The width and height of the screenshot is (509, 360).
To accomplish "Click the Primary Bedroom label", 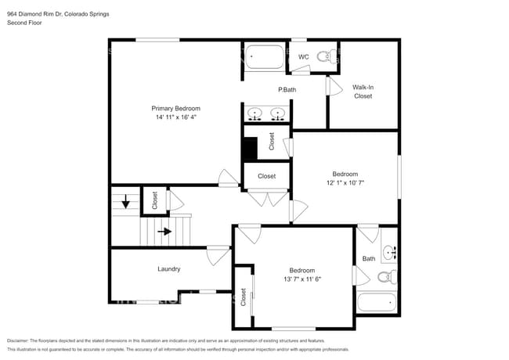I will click(x=175, y=108).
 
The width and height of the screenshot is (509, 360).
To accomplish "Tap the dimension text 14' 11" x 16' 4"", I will click(x=175, y=117).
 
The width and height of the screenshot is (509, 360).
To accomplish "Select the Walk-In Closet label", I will click(x=362, y=92).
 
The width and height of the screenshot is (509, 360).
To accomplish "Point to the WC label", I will click(x=304, y=56).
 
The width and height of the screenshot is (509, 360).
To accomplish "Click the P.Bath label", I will click(x=287, y=91).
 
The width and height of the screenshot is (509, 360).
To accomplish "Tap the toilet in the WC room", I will click(x=333, y=56).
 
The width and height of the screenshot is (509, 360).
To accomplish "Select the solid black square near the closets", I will click(x=249, y=149).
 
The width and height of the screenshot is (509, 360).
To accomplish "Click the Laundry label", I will click(x=169, y=269).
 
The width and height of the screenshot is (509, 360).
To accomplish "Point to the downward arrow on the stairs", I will click(x=125, y=204).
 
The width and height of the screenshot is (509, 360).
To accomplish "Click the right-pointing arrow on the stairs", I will click(x=164, y=232).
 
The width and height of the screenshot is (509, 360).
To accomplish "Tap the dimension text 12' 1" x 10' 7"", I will click(x=345, y=182).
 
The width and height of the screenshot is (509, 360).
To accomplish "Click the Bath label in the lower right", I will click(x=369, y=259).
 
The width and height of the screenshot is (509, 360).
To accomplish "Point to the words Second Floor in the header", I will click(x=24, y=23).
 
